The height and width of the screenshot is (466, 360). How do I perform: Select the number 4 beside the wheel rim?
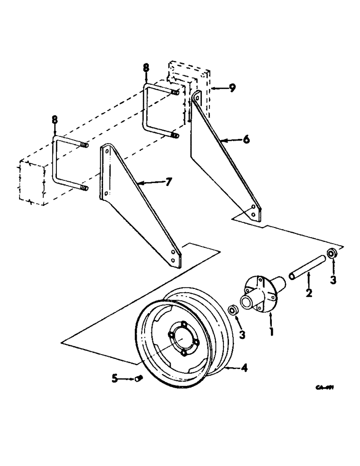point(244,368)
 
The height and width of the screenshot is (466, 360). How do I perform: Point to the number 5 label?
point(114,379)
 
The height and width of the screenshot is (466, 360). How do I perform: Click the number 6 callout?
point(246,139)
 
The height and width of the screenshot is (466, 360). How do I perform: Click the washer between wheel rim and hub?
point(232,311)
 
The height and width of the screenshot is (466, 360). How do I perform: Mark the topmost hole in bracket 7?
point(107,152)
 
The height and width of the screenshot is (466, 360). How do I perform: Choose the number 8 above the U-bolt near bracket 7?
point(55,120)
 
